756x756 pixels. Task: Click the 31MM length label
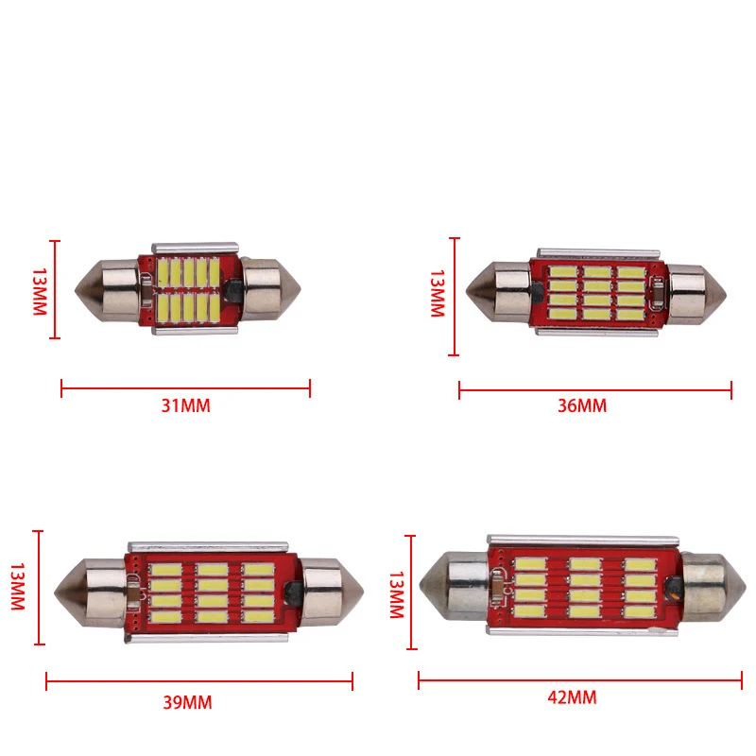[x=185, y=405]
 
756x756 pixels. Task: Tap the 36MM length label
[x=582, y=405]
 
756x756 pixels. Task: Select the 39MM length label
[x=187, y=702]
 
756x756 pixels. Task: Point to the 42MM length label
[x=572, y=697]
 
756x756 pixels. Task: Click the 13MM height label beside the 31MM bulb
[x=40, y=292]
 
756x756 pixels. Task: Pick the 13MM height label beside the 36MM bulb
[x=438, y=293]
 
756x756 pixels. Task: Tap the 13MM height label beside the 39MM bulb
[x=17, y=586]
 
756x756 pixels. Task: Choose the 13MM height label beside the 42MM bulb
[x=396, y=595]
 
